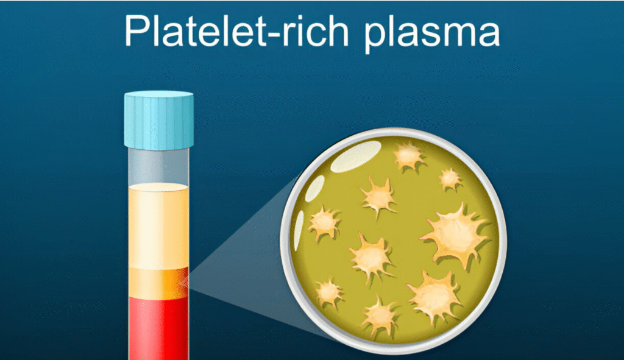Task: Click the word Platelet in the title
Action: pyautogui.click(x=195, y=30)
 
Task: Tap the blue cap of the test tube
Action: pyautogui.click(x=159, y=120)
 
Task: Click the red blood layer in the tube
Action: pyautogui.click(x=158, y=328)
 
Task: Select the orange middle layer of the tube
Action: pyautogui.click(x=158, y=283)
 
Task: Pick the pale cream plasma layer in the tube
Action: pyautogui.click(x=158, y=226)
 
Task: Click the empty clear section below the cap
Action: pyautogui.click(x=158, y=166)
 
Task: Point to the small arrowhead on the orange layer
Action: pyautogui.click(x=184, y=283)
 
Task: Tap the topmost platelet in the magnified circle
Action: pyautogui.click(x=409, y=157)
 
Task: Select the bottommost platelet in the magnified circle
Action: pyautogui.click(x=380, y=316)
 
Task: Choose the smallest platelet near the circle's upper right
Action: pyautogui.click(x=450, y=180)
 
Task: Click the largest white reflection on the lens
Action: pyautogui.click(x=356, y=157)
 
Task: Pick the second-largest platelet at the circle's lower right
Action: pyautogui.click(x=434, y=297)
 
